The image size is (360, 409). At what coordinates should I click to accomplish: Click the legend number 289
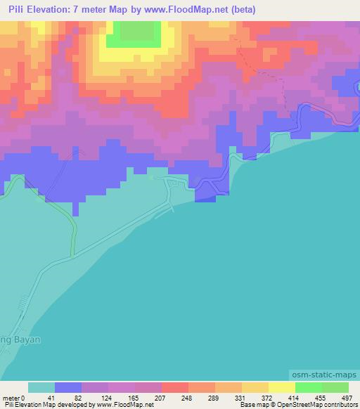[212, 397]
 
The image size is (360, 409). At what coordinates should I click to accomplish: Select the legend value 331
[238, 397]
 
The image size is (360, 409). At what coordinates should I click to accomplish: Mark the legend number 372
[266, 397]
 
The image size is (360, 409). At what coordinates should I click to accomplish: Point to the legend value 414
[292, 397]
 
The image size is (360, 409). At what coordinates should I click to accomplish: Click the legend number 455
[320, 397]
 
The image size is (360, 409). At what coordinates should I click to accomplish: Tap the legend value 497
[347, 397]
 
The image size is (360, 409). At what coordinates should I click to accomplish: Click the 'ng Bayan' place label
[20, 339]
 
